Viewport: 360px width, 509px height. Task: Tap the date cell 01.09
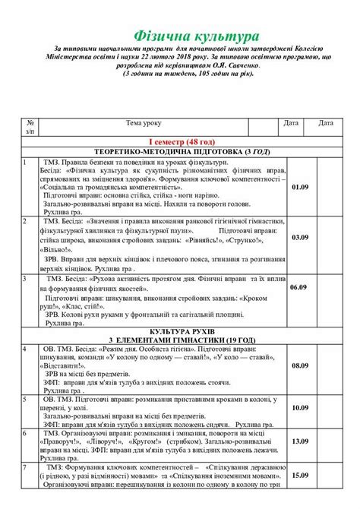coord(299,186)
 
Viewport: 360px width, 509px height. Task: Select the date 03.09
coord(299,237)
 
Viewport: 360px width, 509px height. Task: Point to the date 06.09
coord(298,288)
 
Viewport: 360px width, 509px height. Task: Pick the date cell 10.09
coord(299,407)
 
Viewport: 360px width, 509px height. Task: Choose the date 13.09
coord(299,441)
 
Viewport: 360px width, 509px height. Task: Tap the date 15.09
coord(299,475)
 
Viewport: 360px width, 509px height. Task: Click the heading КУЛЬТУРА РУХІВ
coord(182,332)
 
